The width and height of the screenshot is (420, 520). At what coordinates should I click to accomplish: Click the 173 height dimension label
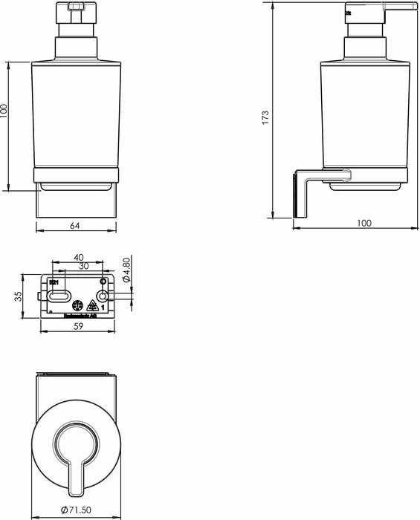point(265,118)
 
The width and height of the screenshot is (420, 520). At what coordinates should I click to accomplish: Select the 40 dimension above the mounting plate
point(79,257)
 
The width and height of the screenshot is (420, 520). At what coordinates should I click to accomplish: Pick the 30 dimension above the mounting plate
point(84,266)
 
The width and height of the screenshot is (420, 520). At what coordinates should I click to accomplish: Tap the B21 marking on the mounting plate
point(53,283)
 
